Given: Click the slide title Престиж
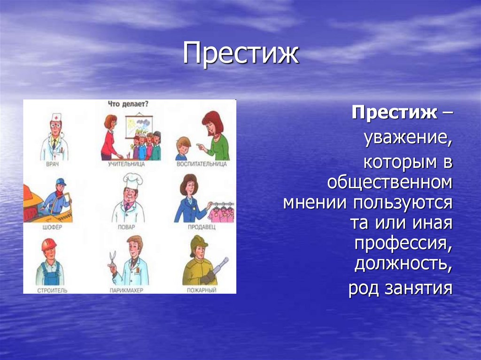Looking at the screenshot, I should (x=240, y=54).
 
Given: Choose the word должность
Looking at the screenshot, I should (x=403, y=265).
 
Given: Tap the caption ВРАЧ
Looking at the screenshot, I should (x=54, y=164).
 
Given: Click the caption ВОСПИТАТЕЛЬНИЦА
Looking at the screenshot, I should (x=202, y=164).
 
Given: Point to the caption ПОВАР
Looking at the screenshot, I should (x=127, y=227).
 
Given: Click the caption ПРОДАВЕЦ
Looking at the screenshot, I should (x=202, y=227).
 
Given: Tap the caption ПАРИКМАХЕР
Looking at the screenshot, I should (x=126, y=291).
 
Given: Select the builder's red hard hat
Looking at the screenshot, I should (x=48, y=245).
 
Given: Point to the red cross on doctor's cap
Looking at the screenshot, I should (x=56, y=116).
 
